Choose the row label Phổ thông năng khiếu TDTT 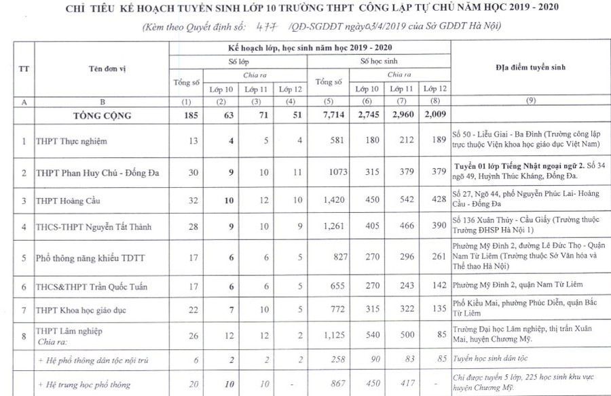click(83, 258)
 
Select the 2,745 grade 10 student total click(368, 115)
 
